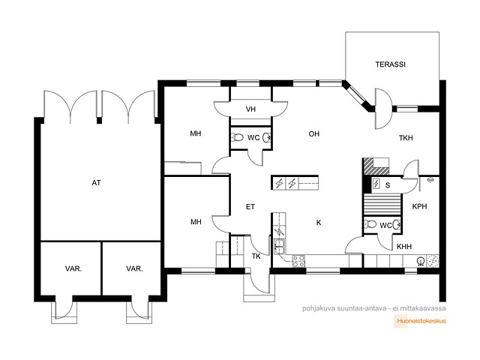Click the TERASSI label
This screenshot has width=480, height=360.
pos(390,64)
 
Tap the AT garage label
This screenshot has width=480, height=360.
pos(96,183)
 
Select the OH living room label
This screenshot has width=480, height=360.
pos(313,133)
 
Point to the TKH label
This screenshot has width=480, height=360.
pos(406,138)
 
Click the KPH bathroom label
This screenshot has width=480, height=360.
pos(419,206)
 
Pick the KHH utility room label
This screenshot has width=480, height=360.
pos(404,247)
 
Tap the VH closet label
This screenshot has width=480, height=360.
pos(250,109)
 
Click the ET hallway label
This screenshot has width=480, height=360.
pos(250,207)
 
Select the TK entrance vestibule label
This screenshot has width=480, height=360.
pos(256,256)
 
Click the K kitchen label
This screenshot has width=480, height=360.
pos(319,223)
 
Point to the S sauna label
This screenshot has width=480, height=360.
pos(388,185)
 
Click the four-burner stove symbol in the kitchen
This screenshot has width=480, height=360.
pos(298,261)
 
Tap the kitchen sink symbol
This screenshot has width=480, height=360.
pos(280,247)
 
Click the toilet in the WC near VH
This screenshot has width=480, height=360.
pos(238,137)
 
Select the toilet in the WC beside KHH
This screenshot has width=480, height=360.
pos(370,224)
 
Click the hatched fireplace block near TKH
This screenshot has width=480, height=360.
pos(376,166)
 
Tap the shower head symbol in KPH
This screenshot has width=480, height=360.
pos(430,179)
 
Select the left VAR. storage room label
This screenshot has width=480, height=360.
pos(73,268)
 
